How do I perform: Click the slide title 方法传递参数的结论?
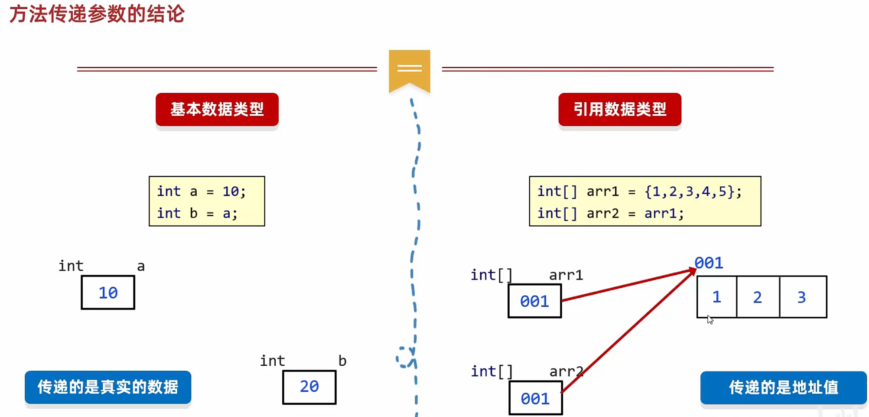coord(97,14)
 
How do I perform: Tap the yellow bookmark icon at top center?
coord(409,69)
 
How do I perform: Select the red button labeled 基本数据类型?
coord(217,109)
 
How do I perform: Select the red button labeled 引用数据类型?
coord(619,109)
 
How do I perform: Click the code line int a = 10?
coord(201,191)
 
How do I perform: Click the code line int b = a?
coord(197,213)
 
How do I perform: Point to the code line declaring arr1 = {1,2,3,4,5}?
coord(639,191)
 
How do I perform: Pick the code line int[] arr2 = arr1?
coord(610,213)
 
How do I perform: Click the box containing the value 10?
coord(108,293)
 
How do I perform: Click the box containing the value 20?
coord(309,387)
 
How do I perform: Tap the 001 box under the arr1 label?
coord(534,301)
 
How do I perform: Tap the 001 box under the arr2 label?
coord(535,398)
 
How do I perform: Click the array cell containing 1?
coord(716,297)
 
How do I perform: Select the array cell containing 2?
coord(758,297)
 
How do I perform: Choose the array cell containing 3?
coord(802,297)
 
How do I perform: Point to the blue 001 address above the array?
coord(709,263)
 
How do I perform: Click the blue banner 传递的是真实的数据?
coord(108,387)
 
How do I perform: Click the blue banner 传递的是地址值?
coord(783,387)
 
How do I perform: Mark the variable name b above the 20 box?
coord(342,361)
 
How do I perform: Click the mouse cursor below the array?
coord(710,320)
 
